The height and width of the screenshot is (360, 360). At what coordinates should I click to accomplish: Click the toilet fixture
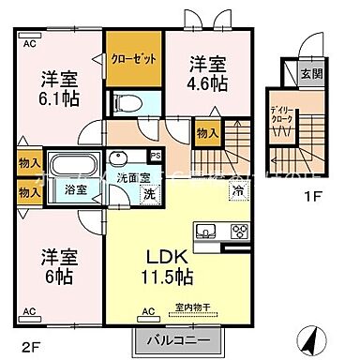[x=122, y=100]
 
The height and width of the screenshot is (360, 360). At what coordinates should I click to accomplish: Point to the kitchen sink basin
[x=204, y=232]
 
